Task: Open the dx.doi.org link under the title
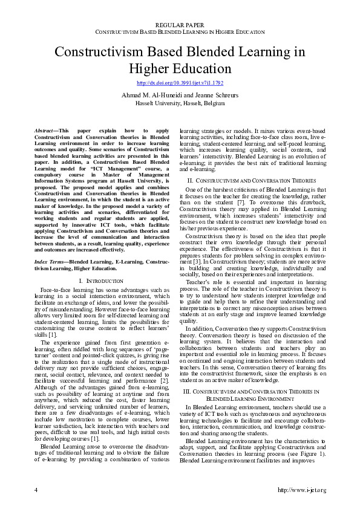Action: pyautogui.click(x=180, y=82)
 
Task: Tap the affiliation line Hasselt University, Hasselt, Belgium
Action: pyautogui.click(x=180, y=103)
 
